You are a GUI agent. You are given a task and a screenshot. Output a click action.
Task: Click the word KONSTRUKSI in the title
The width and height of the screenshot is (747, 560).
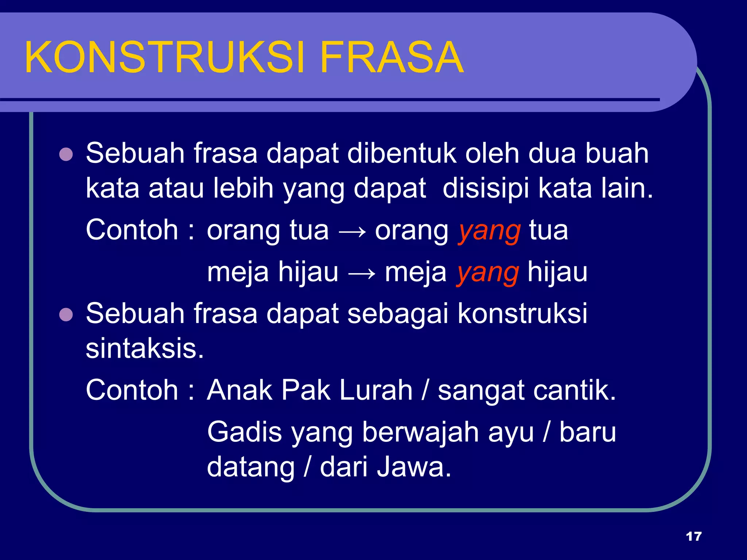point(164,58)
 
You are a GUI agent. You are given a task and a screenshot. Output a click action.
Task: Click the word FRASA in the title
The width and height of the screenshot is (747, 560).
point(392,58)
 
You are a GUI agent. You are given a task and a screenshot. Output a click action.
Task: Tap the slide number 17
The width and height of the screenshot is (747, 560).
point(693,536)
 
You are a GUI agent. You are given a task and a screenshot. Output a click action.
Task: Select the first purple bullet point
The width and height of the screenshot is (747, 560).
point(66,154)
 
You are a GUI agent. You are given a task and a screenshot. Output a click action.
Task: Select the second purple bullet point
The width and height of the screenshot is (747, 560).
point(66,315)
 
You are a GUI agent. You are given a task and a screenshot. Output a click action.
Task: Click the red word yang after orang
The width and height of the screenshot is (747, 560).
point(489,232)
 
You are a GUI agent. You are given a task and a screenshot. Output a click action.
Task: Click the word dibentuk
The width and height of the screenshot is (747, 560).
point(402,153)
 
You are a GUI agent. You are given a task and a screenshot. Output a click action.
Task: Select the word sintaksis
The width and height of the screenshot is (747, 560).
point(144,349)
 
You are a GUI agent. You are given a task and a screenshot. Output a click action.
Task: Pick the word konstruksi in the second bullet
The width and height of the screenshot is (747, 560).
point(522,314)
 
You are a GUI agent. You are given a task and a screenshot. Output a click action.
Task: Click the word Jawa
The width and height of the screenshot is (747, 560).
point(414,467)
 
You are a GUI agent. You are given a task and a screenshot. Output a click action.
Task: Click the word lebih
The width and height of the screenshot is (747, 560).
point(243,188)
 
